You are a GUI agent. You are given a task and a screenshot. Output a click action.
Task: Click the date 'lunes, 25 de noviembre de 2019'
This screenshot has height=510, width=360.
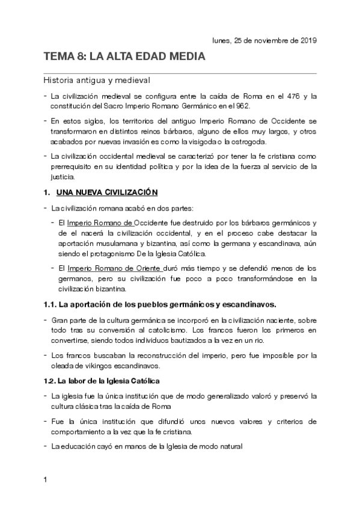click(264, 40)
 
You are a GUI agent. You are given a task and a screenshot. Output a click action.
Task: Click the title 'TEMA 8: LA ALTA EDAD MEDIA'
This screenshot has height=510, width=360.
click(124, 57)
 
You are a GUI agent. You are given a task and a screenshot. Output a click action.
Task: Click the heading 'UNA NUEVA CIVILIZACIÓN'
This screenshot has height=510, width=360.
click(106, 192)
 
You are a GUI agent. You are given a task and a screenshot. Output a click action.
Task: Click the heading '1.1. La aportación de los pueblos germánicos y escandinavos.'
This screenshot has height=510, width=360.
click(159, 303)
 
